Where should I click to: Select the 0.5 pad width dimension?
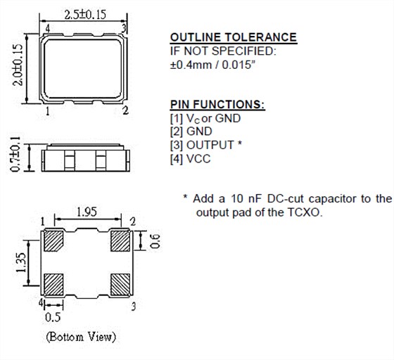pyautogui.click(x=53, y=316)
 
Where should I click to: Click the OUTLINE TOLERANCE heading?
pyautogui.click(x=233, y=37)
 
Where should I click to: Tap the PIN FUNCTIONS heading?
pyautogui.click(x=218, y=105)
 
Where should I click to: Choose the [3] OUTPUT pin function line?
pyautogui.click(x=205, y=145)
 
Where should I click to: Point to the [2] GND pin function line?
pyautogui.click(x=191, y=131)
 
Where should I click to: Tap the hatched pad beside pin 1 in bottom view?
pyautogui.click(x=53, y=242)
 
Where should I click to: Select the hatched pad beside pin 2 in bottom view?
pyautogui.click(x=120, y=242)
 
